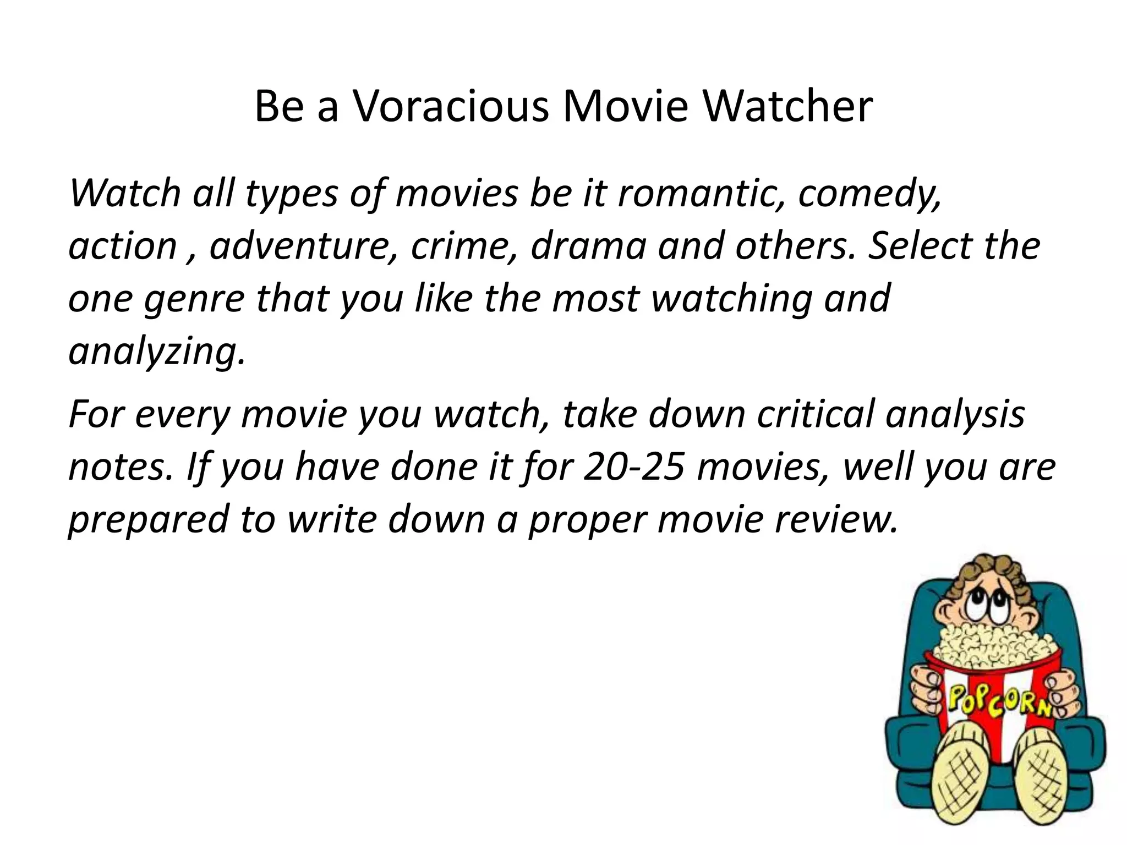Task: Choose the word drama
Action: coord(588,246)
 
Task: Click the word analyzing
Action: coord(156,352)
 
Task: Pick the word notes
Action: coord(121,467)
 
